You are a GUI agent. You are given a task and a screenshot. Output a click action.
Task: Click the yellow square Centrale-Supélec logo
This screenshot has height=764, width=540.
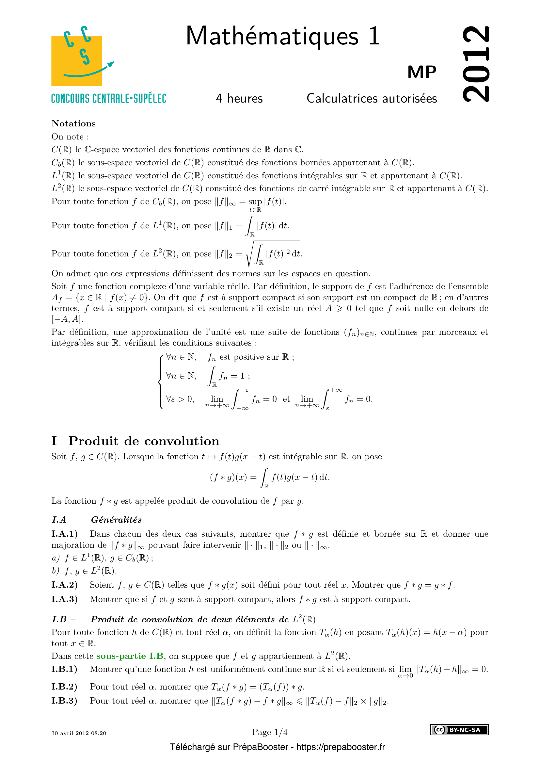click(x=76, y=61)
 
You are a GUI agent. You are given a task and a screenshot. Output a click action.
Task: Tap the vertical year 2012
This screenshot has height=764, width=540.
click(x=476, y=64)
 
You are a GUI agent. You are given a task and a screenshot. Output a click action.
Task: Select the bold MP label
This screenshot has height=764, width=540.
click(x=421, y=72)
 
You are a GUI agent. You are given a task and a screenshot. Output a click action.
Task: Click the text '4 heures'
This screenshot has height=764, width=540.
click(x=239, y=99)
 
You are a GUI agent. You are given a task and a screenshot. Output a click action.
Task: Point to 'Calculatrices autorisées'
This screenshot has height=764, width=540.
click(x=372, y=99)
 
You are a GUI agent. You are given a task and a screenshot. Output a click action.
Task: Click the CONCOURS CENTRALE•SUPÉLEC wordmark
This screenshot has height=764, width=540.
click(x=109, y=99)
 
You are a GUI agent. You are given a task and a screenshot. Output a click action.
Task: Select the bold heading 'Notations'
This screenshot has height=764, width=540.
click(x=73, y=123)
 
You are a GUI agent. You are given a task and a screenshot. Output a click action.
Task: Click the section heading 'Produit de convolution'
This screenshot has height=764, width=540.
click(x=144, y=441)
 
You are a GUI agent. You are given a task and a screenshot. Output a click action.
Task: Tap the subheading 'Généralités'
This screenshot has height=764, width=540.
click(x=116, y=520)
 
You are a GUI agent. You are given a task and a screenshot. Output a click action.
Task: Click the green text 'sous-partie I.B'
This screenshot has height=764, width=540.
click(x=130, y=656)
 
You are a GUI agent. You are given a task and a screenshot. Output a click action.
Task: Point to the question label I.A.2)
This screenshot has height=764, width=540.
click(x=65, y=585)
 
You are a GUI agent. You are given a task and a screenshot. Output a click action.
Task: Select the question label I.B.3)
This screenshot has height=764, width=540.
click(x=64, y=700)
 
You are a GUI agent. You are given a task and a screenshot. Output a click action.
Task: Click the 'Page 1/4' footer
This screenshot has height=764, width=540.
click(x=270, y=732)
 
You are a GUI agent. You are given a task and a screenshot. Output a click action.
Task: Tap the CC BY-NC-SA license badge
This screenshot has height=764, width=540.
click(x=459, y=730)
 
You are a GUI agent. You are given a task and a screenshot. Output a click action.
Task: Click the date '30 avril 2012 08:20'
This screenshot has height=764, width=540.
click(x=79, y=733)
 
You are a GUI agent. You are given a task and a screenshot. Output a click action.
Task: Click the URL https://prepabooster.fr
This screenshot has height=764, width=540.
click(x=341, y=747)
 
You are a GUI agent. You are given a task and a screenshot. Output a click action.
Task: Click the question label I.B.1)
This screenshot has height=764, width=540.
click(x=64, y=669)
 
